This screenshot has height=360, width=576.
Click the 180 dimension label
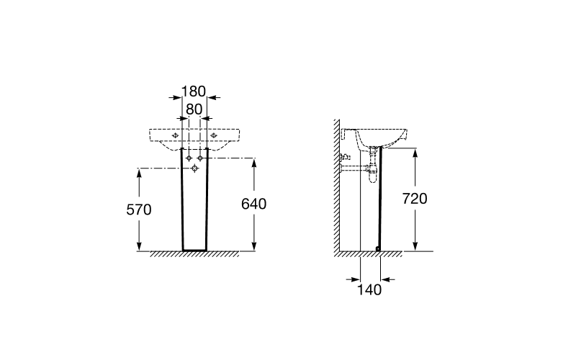(194, 91)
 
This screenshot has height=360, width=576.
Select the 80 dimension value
(194, 109)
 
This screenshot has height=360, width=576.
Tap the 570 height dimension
(139, 210)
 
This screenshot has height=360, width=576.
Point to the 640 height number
(254, 204)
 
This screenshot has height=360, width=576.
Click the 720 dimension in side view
(415, 199)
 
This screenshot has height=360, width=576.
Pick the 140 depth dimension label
(369, 290)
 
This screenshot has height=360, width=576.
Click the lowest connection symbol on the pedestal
(194, 168)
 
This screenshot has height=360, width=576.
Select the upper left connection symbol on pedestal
(189, 158)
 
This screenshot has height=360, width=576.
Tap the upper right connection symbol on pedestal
(200, 158)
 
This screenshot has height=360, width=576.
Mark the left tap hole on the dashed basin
(175, 135)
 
